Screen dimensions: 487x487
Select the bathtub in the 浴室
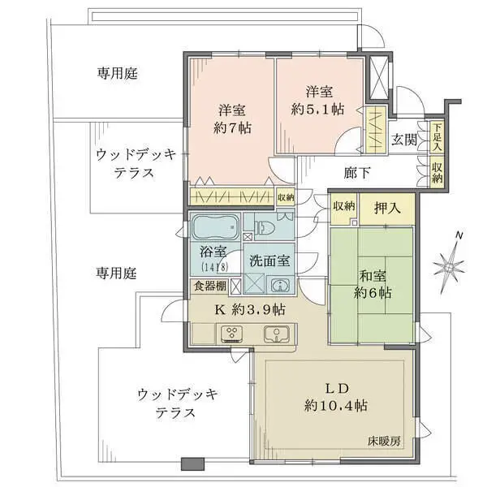point(214,225)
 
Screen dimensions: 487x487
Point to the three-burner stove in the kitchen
point(233,333)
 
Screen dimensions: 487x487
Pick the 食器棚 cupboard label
point(209,285)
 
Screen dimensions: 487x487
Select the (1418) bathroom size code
point(215,266)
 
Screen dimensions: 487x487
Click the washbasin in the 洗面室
point(279,284)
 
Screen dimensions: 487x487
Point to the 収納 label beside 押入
point(344,206)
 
